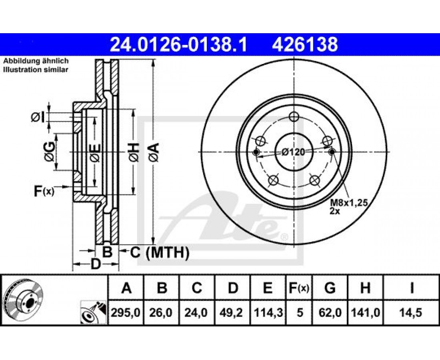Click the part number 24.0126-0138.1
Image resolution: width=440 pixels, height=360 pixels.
click(x=178, y=44)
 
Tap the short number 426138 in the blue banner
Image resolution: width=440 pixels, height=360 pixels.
click(x=305, y=44)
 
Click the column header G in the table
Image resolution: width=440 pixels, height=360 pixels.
click(x=330, y=288)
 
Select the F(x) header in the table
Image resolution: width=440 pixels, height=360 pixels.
click(x=299, y=288)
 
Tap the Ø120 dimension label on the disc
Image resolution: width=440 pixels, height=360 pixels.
click(x=293, y=152)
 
